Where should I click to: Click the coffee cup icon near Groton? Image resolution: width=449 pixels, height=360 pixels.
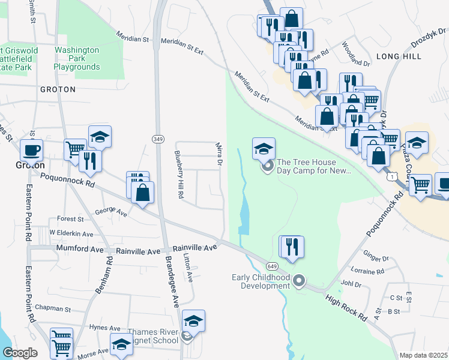tap(31, 150)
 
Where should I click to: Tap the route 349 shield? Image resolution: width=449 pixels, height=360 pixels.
tap(158, 139)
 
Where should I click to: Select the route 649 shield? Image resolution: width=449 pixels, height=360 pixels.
tap(272, 266)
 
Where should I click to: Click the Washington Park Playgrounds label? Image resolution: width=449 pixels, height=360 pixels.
tap(77, 59)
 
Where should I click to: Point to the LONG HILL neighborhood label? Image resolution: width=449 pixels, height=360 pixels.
tap(395, 56)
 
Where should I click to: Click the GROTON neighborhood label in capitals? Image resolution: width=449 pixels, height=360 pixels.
tap(58, 89)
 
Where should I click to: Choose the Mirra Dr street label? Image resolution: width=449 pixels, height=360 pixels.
tap(220, 154)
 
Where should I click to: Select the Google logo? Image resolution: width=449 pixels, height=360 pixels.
tap(20, 353)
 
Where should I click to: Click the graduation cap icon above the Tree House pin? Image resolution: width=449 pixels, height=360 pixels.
tap(264, 149)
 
